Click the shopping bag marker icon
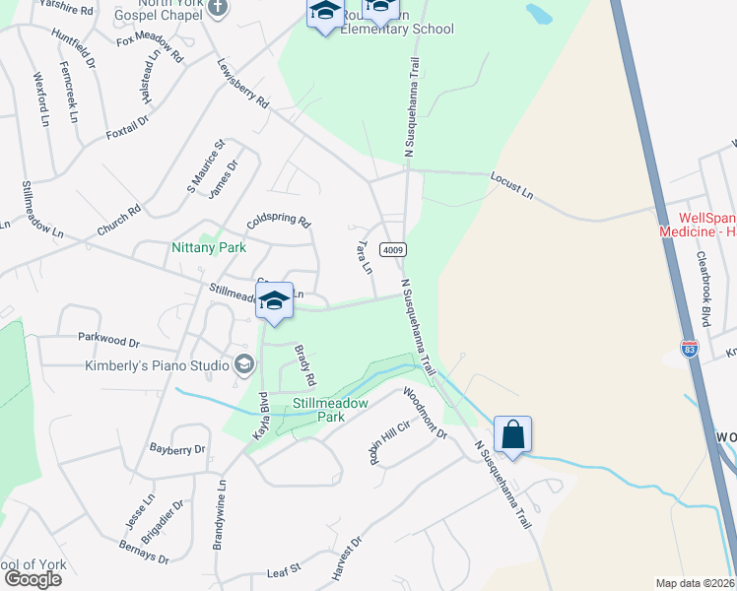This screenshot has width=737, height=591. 512,434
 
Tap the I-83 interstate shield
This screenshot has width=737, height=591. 690,349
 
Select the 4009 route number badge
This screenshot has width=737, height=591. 393,250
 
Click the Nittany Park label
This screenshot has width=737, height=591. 208,247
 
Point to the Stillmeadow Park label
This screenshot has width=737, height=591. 330,410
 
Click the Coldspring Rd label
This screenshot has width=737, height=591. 278,223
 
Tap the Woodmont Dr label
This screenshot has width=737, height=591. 425,413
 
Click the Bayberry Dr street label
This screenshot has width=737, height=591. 177,449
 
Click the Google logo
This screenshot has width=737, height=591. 33,578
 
